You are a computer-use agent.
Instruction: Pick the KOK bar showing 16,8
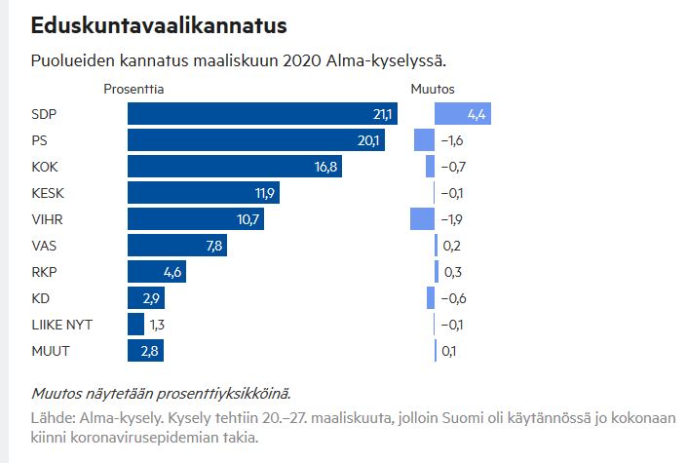point(234,167)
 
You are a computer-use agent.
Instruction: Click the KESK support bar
point(204,193)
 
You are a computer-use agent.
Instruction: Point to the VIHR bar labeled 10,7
point(196,219)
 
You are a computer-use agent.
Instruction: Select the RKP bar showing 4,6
point(156,272)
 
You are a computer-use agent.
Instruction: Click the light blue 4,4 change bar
point(463,115)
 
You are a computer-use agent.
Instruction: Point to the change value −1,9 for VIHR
point(451,219)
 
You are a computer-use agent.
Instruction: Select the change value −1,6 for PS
point(451,140)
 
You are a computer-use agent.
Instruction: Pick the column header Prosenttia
point(133,89)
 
